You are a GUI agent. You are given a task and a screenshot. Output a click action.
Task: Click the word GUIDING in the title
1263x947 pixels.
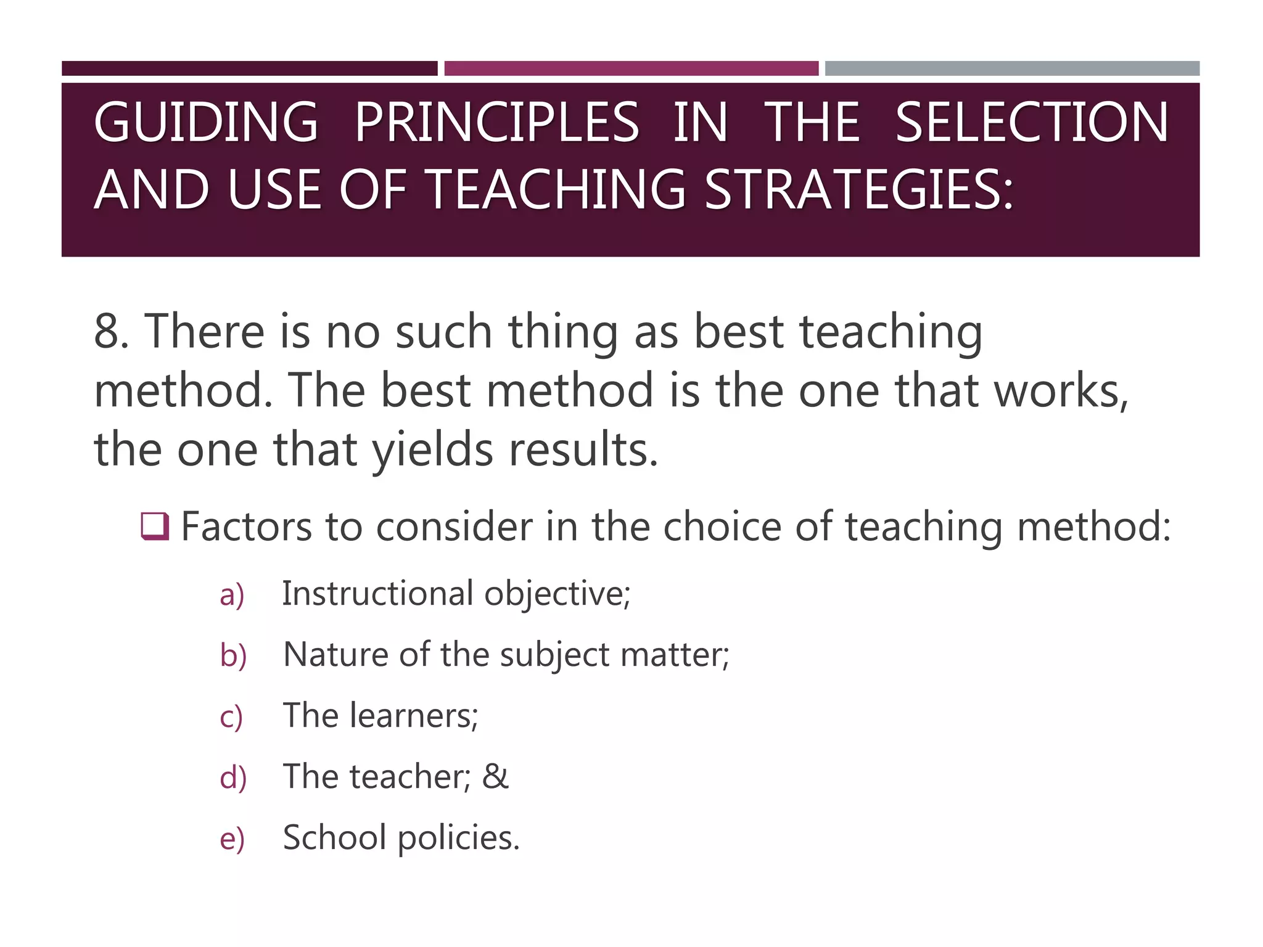tap(205, 122)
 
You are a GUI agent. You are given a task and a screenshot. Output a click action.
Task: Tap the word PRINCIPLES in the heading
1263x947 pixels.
tap(496, 122)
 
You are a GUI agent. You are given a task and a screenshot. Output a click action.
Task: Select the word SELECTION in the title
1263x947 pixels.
tap(1031, 122)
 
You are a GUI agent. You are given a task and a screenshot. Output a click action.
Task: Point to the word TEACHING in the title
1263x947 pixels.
tap(555, 189)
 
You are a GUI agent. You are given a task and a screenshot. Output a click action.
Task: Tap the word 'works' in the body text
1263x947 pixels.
tap(1061, 391)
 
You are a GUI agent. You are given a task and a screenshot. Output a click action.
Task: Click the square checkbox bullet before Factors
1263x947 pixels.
tap(155, 526)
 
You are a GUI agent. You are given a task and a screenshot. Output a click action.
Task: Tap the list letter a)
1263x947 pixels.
tap(232, 595)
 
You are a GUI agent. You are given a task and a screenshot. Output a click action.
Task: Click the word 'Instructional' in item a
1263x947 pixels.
tap(378, 594)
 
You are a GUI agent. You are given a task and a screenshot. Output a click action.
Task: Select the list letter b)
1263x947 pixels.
tap(233, 655)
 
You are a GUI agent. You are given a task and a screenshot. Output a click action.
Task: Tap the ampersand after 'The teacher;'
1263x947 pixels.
tap(495, 776)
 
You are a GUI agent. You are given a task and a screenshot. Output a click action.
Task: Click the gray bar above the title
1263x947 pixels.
tap(1012, 68)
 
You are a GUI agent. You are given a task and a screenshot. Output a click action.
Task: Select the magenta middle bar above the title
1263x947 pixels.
tap(631, 68)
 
